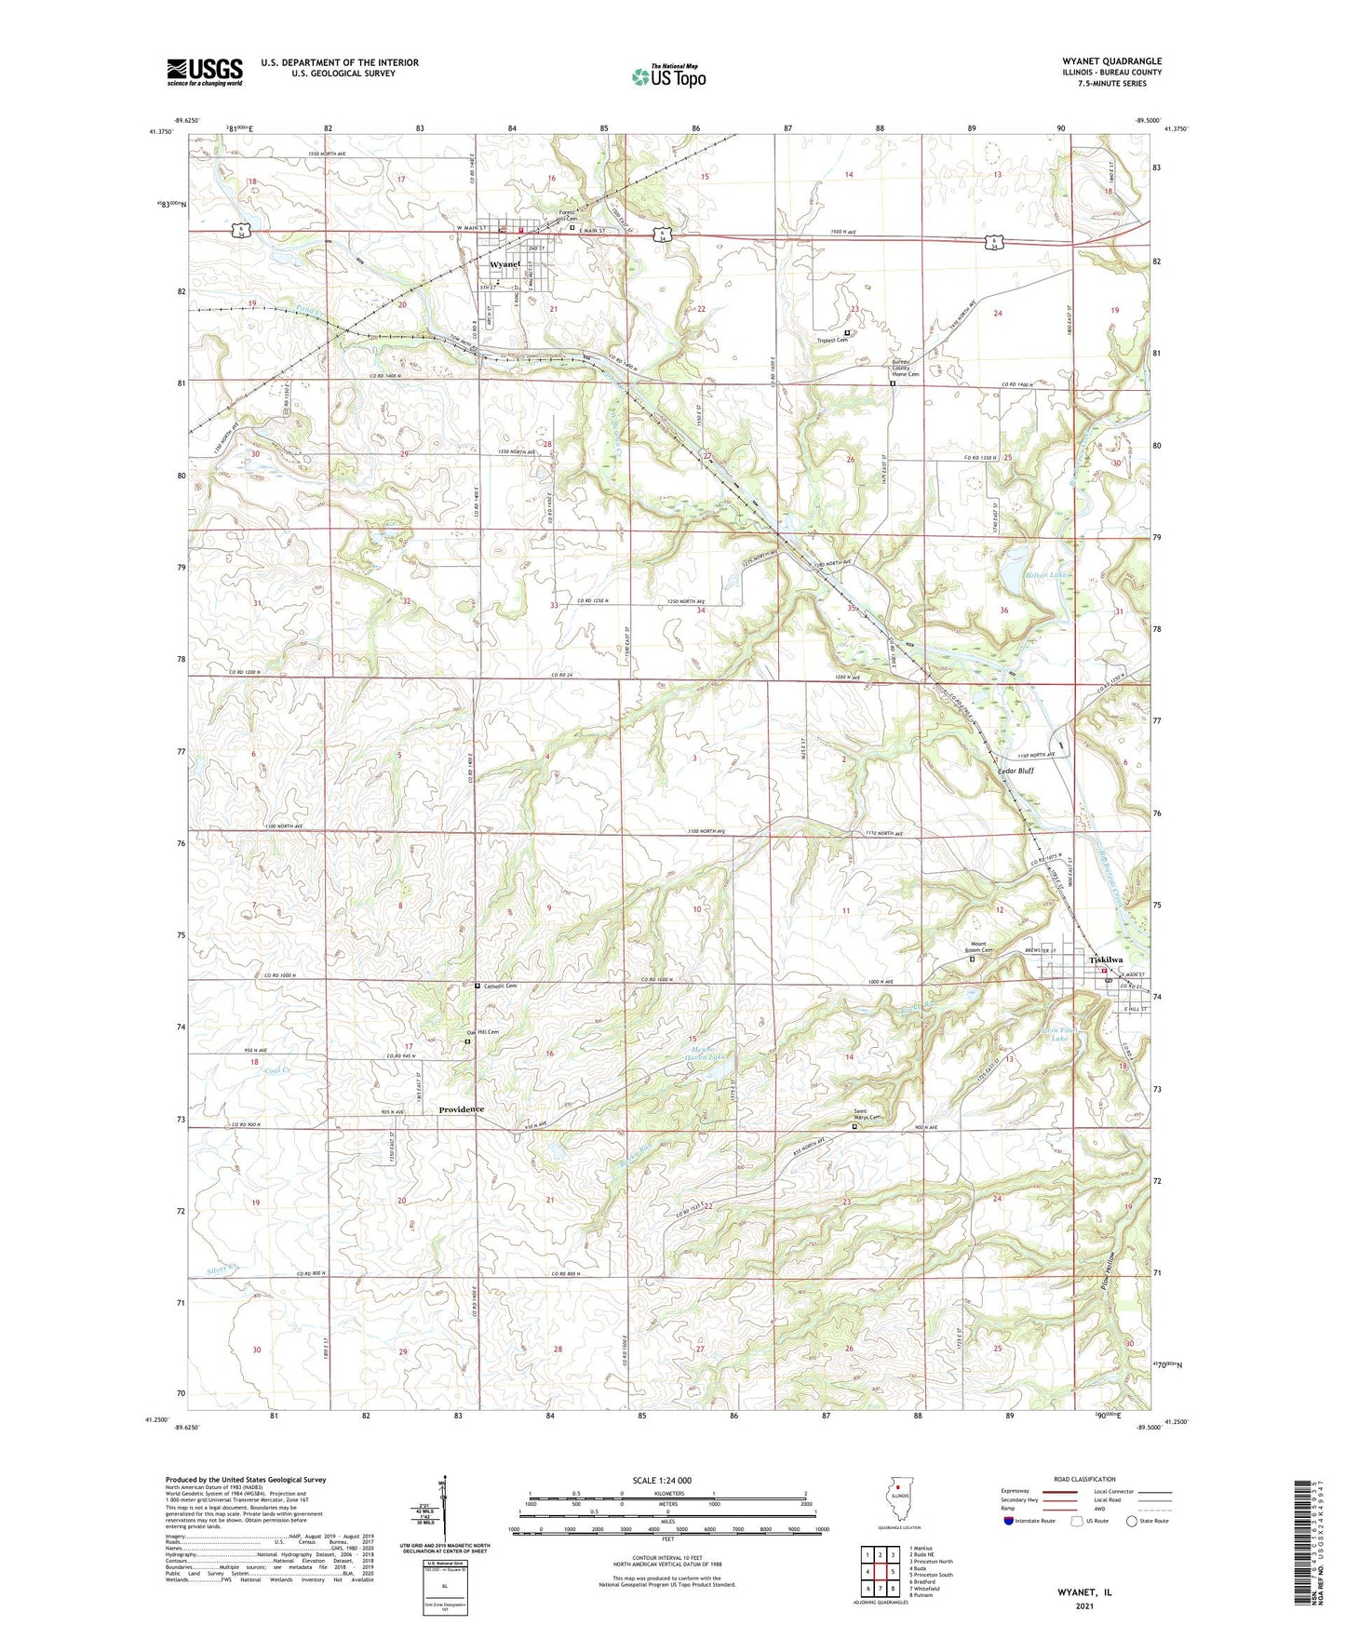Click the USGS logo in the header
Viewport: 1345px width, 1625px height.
204,72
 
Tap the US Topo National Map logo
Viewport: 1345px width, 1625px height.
667,76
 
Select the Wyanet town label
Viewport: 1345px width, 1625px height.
504,264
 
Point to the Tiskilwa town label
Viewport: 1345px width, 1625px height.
1106,960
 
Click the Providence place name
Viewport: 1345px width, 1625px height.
462,1109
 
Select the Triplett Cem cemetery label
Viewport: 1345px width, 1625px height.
833,340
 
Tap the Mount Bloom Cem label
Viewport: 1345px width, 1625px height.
974,947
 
